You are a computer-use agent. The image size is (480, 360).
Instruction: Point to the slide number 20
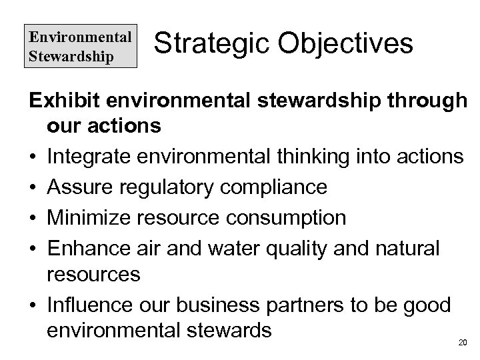463,343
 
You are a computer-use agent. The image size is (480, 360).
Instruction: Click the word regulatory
175,188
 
